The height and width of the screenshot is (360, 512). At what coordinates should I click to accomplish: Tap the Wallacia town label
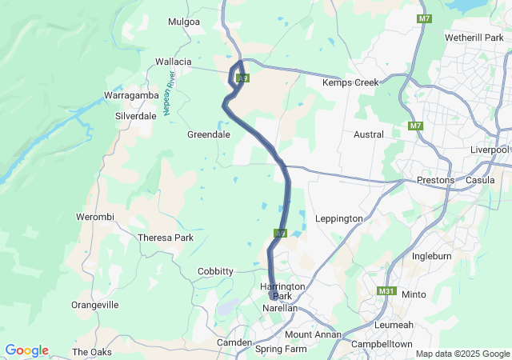[174, 61]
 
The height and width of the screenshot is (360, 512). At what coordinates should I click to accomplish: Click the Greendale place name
[209, 134]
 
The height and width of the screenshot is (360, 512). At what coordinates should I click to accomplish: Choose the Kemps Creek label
[349, 82]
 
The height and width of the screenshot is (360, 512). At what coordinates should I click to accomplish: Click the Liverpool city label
[490, 150]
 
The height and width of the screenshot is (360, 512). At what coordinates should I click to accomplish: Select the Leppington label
[339, 218]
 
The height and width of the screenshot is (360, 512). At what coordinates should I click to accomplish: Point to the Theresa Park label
[166, 238]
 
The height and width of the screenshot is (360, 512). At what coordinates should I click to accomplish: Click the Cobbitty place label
[215, 271]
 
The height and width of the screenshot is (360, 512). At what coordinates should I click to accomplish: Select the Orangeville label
[95, 305]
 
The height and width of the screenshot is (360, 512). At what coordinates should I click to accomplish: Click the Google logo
[26, 350]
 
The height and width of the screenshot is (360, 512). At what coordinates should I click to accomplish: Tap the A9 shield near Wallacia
[244, 78]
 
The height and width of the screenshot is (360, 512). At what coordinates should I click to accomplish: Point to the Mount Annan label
[313, 334]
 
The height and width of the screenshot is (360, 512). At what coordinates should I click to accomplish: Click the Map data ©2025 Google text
[462, 354]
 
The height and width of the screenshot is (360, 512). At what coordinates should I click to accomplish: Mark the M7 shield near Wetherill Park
[423, 18]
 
